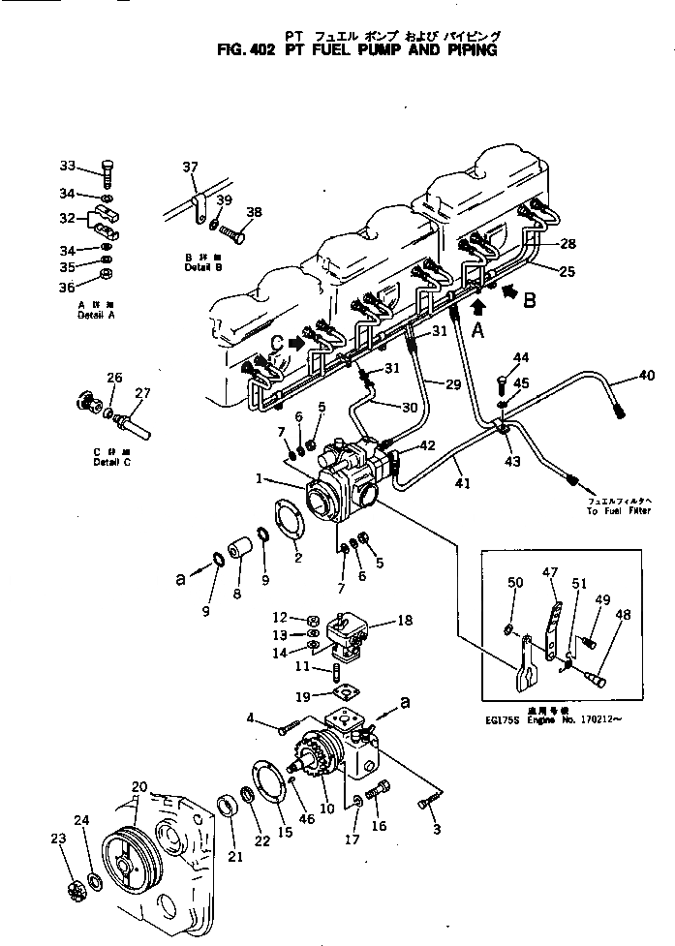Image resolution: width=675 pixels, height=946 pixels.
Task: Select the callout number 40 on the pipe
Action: click(x=646, y=376)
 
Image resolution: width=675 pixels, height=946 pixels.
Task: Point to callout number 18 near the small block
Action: click(x=406, y=621)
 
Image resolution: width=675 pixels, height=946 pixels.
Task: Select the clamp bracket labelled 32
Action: click(x=107, y=224)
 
